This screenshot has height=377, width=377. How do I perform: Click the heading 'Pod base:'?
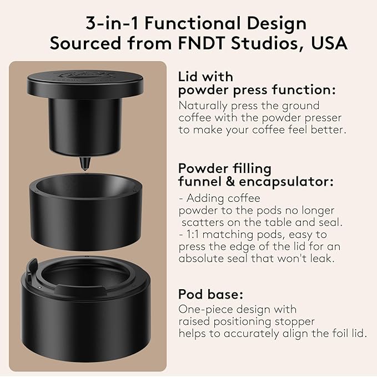[x=211, y=295]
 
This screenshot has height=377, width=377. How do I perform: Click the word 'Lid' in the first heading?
[x=189, y=76]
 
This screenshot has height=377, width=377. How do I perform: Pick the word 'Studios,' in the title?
[x=264, y=43]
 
